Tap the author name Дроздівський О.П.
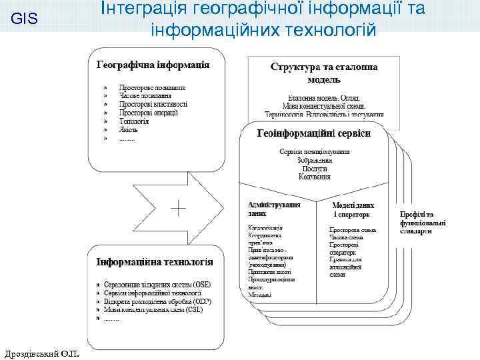(41, 351)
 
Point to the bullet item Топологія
(133, 122)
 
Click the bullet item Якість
(129, 131)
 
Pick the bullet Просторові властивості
(153, 104)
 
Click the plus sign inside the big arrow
(178, 208)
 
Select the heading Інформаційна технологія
(155, 262)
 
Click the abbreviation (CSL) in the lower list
(194, 311)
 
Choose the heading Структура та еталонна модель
(324, 73)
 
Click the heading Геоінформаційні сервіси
(314, 133)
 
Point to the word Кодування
(315, 177)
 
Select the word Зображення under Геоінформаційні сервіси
(315, 160)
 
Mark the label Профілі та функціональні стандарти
(423, 223)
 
